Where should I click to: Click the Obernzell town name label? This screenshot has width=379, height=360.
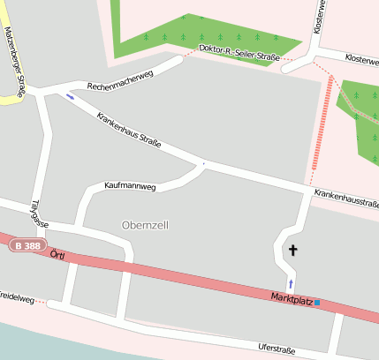[145, 225]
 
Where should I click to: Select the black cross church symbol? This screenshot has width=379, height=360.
[292, 251]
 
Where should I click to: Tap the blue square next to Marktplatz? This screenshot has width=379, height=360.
[317, 303]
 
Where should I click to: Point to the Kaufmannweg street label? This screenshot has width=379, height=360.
[130, 187]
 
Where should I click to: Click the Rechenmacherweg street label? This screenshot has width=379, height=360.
[120, 80]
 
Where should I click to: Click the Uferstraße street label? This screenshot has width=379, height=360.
[277, 349]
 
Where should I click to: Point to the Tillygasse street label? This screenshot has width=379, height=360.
[37, 213]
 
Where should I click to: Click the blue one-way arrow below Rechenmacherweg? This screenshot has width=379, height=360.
[70, 97]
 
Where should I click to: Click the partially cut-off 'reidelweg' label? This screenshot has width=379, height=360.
[17, 299]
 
